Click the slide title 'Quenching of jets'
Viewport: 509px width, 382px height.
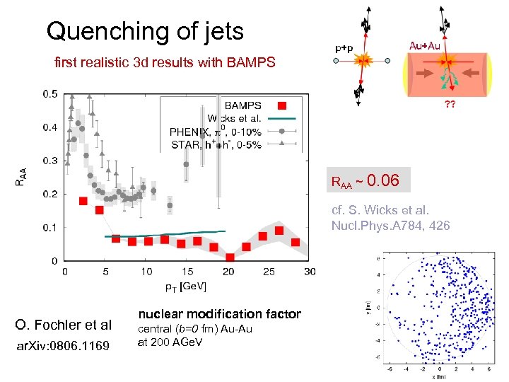pos(144,31)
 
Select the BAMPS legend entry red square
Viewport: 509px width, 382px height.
pos(281,106)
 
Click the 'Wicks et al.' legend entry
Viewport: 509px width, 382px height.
pos(233,118)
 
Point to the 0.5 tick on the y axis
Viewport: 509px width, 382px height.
pos(51,93)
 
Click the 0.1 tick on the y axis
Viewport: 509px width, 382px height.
pos(51,227)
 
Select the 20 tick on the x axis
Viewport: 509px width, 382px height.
pos(228,272)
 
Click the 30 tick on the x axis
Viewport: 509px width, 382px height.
pos(310,272)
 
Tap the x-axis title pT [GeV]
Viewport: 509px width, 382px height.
pos(186,286)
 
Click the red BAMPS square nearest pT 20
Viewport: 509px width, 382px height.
pos(230,257)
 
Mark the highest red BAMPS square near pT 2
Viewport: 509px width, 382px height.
pos(83,201)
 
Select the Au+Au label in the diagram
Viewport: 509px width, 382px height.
pos(425,45)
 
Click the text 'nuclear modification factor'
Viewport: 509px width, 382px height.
pos(219,314)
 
